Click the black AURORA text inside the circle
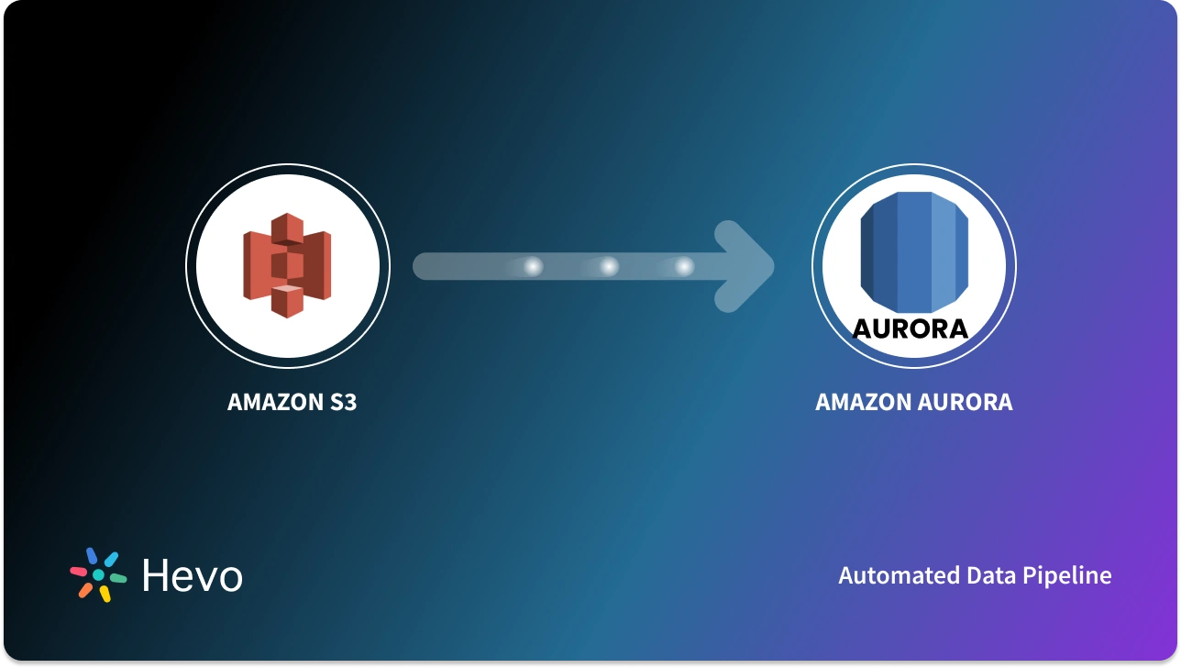click(911, 328)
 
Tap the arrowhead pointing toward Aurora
click(747, 266)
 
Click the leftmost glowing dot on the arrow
click(532, 266)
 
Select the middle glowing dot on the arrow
click(608, 266)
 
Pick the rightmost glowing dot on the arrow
click(684, 266)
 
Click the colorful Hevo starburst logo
click(98, 574)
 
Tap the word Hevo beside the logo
click(193, 575)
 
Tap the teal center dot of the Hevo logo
click(98, 574)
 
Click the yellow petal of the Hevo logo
click(105, 594)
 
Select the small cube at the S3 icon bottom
click(287, 300)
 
